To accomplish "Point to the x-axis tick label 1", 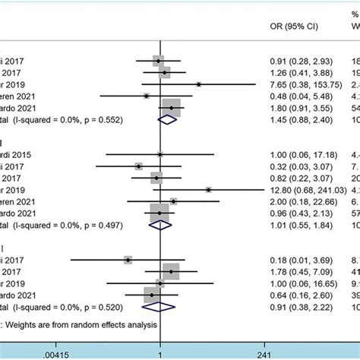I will (159, 353).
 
